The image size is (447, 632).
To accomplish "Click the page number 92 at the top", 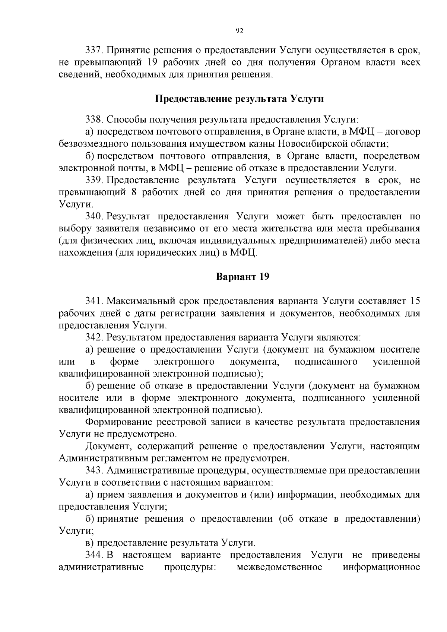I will click(x=240, y=31).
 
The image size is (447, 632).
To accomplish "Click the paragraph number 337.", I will click(x=94, y=50).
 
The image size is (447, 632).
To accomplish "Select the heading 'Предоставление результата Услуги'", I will click(x=239, y=99).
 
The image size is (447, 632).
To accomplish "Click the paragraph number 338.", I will click(x=94, y=120).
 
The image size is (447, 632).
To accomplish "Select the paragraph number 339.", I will click(x=94, y=180).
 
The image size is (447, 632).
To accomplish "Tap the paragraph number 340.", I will click(x=94, y=216).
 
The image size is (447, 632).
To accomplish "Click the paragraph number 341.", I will click(x=94, y=301).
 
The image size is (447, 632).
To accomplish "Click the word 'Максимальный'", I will click(x=145, y=301).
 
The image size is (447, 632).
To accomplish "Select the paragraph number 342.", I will click(x=94, y=337).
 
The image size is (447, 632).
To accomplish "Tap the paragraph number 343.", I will click(x=94, y=470).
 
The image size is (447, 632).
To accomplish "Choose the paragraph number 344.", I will click(x=94, y=555).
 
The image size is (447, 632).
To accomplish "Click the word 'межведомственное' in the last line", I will click(x=279, y=567).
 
